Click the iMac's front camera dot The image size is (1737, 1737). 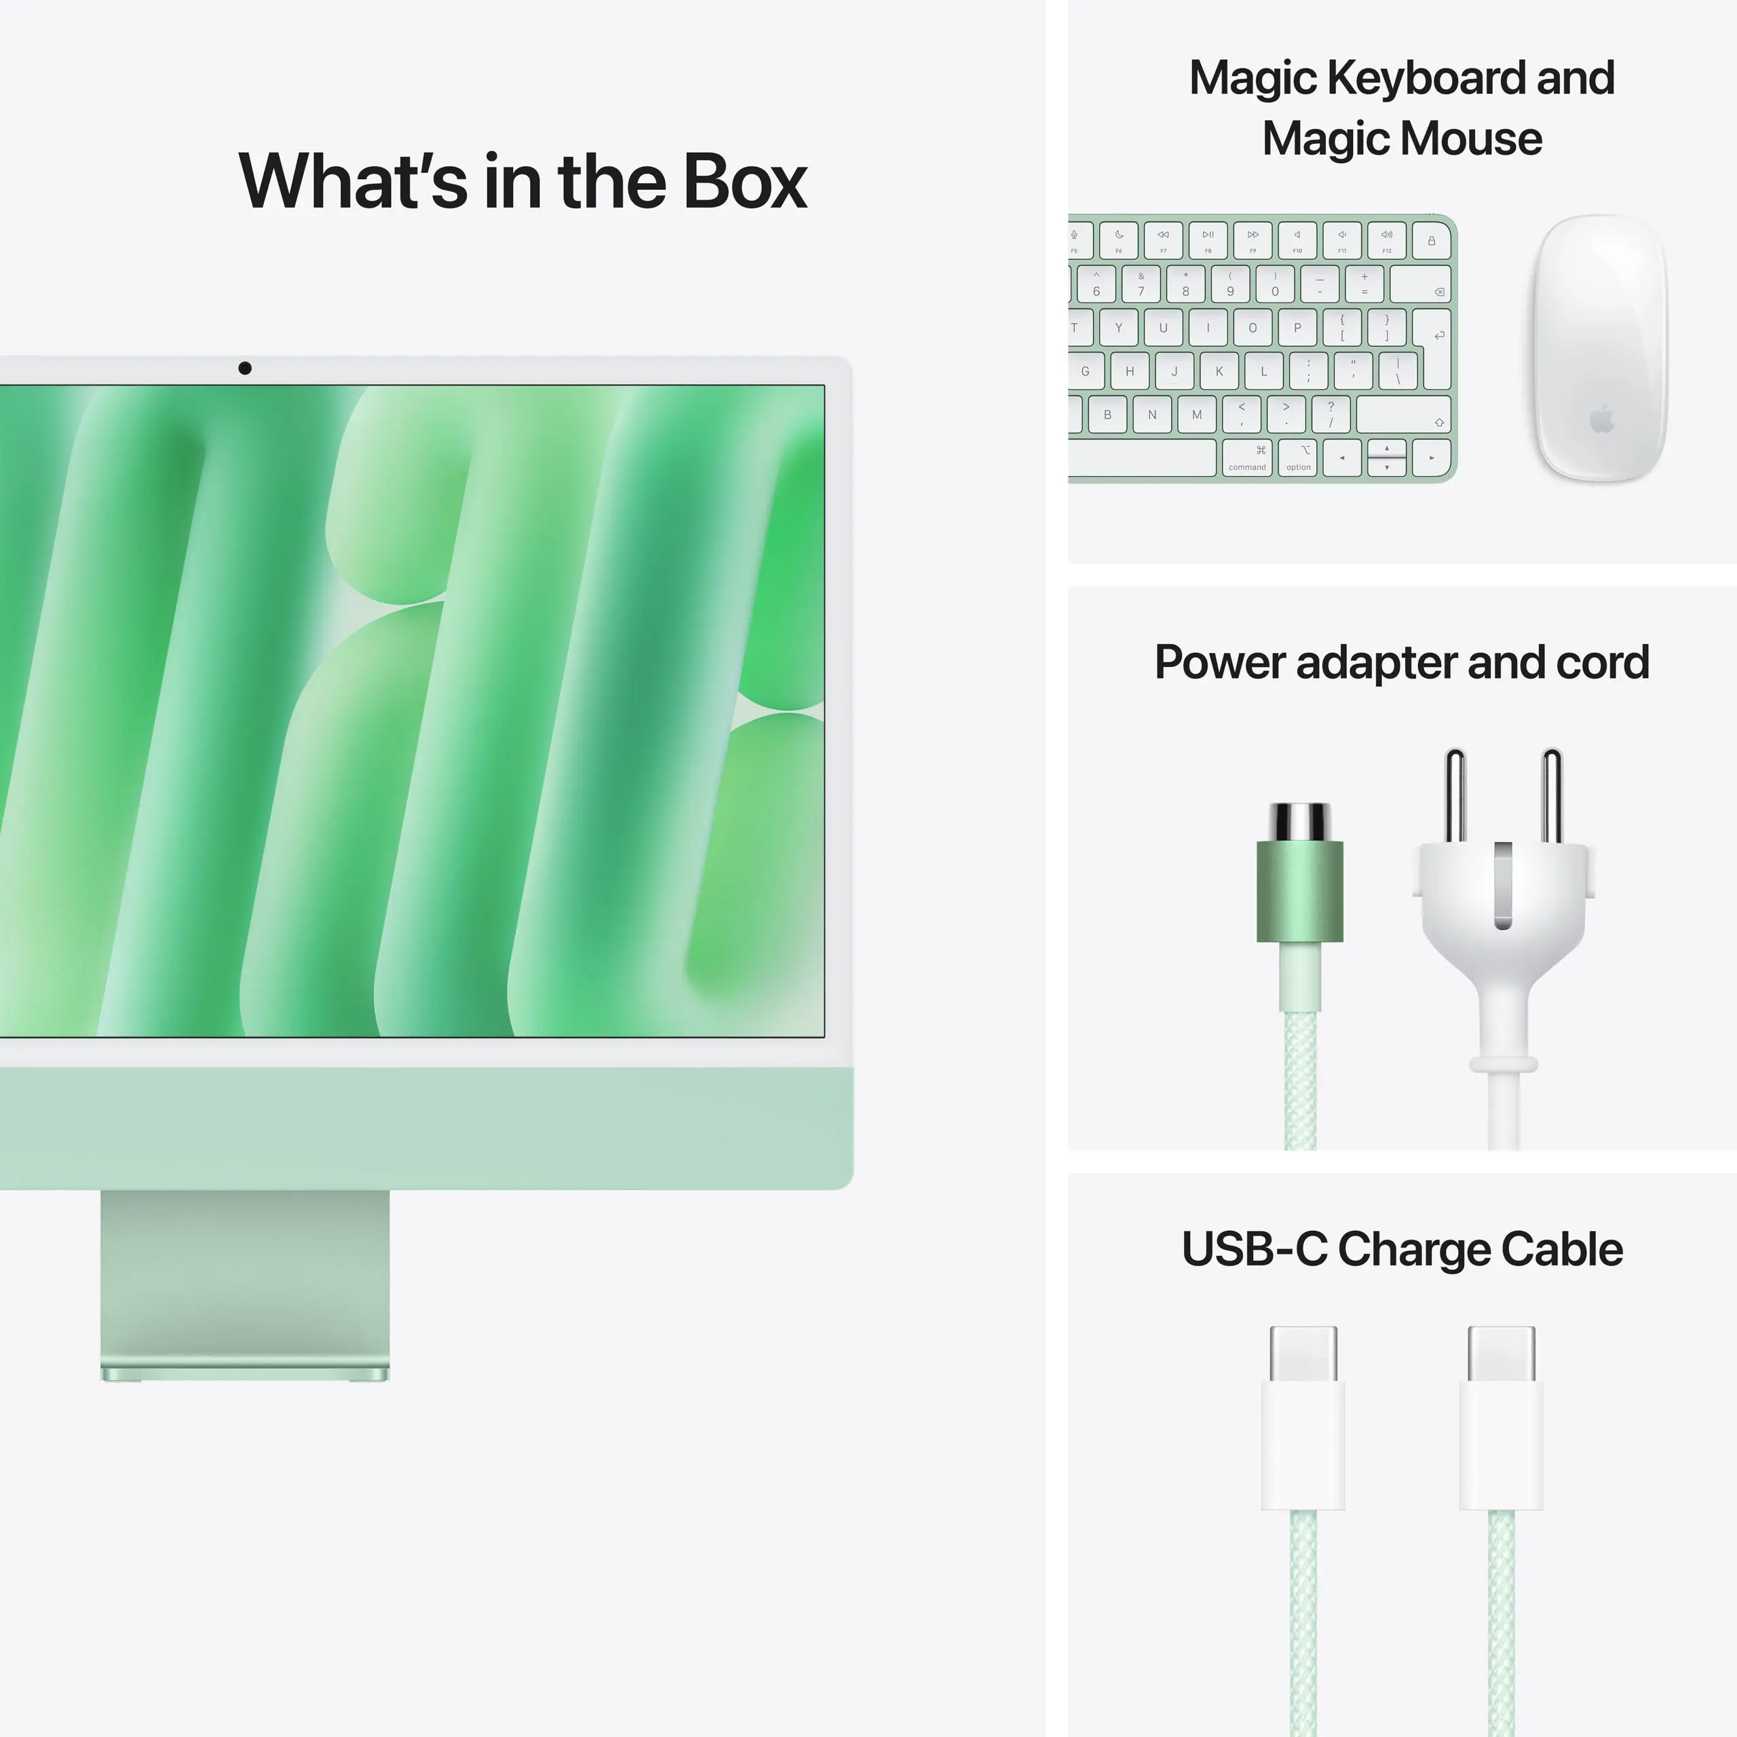[244, 368]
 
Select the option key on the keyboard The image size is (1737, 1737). [1298, 457]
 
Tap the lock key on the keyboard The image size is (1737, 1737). [1431, 241]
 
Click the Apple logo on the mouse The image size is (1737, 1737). [1602, 419]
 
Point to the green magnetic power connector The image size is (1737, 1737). [1300, 890]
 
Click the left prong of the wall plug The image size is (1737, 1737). [1455, 796]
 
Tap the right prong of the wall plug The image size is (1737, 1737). [1552, 796]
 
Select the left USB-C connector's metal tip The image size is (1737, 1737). [1303, 1353]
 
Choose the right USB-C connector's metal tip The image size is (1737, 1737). [1502, 1353]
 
